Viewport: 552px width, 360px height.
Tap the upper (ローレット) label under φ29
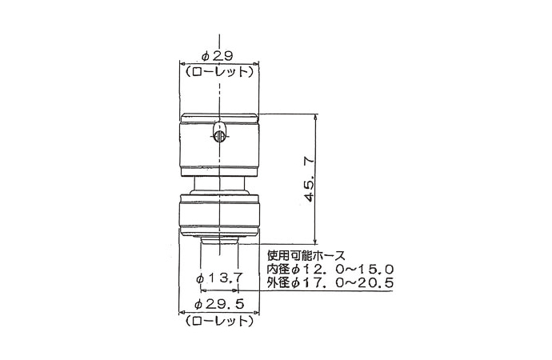click(218, 71)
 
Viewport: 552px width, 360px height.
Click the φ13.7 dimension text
click(219, 277)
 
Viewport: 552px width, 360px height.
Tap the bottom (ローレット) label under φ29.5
click(218, 321)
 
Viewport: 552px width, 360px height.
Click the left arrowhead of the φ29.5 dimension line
click(181, 312)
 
